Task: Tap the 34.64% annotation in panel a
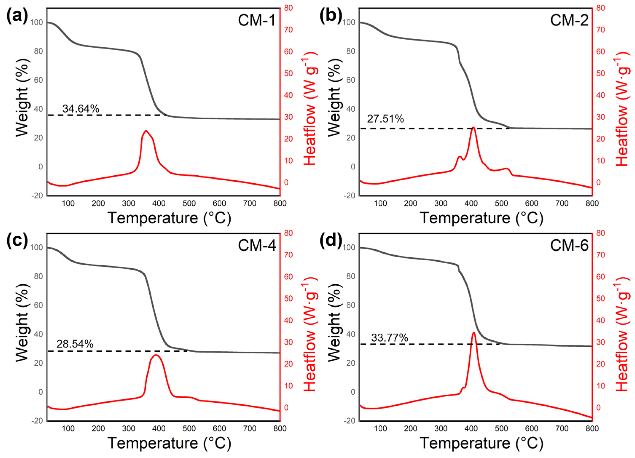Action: (81, 109)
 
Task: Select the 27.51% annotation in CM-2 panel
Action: (385, 119)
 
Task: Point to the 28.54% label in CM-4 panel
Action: (75, 344)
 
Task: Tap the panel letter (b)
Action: (331, 15)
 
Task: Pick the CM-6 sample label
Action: (569, 245)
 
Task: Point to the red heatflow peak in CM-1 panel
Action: (146, 131)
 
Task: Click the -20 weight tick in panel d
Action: (349, 421)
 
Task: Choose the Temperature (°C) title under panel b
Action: (482, 218)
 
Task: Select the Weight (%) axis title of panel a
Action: (22, 98)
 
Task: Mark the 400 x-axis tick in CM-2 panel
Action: (471, 203)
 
